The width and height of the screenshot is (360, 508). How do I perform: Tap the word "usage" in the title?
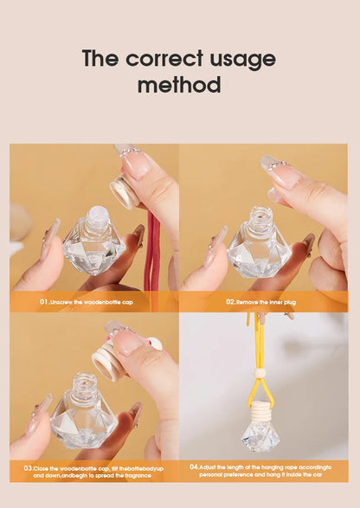(x=242, y=59)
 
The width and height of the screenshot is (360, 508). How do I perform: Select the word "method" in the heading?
(x=179, y=86)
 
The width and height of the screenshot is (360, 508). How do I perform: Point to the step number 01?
(x=44, y=302)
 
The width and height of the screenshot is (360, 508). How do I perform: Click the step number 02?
(x=231, y=302)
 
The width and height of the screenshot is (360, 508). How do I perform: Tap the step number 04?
(x=194, y=466)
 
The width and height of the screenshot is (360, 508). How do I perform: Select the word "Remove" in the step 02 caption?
(x=249, y=302)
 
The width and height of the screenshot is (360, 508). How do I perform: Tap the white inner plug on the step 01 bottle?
(x=96, y=213)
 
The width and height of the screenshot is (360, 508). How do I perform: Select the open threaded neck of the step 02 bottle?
(x=260, y=218)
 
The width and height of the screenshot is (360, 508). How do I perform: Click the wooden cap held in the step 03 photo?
(x=109, y=363)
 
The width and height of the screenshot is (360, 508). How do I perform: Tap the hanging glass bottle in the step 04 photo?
(x=260, y=433)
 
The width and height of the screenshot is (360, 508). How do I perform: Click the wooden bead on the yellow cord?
(x=260, y=374)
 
